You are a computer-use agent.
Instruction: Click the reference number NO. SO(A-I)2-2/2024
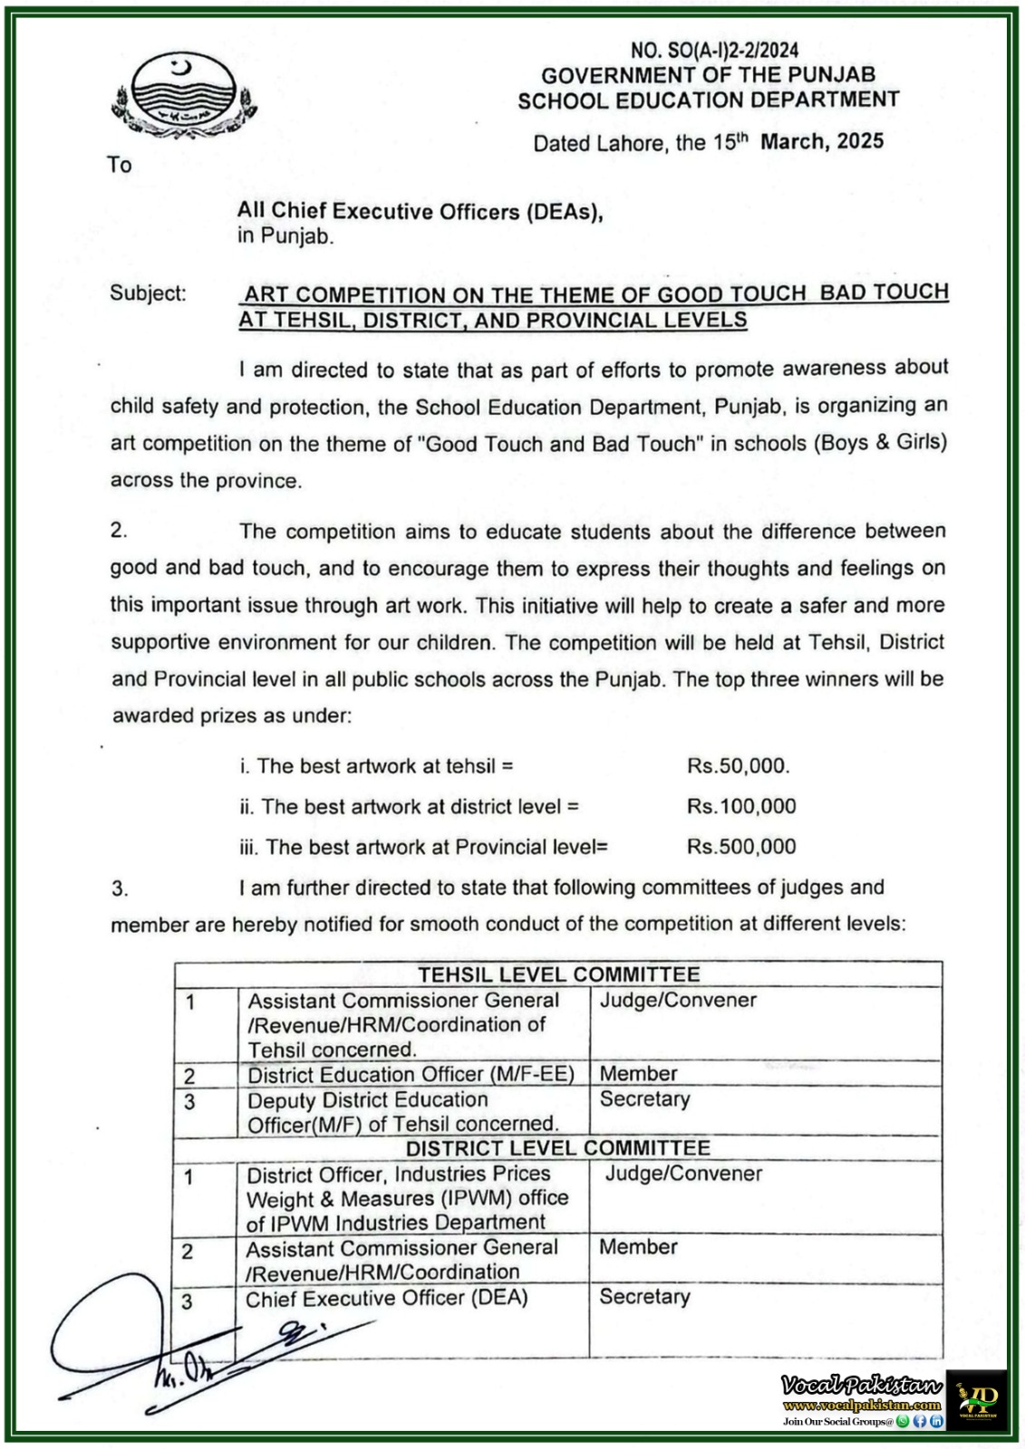point(714,51)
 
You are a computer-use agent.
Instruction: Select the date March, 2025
point(822,141)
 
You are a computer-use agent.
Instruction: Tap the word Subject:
point(148,293)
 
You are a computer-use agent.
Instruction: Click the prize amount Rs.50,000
point(738,766)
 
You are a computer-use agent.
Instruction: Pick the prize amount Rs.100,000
point(741,806)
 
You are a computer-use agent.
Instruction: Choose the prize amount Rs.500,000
point(741,847)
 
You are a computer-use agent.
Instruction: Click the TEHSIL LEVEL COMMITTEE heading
point(558,974)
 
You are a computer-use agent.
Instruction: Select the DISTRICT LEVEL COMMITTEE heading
point(557,1148)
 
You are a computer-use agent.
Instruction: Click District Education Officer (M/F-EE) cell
point(411,1074)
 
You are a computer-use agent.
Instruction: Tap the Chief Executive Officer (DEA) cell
point(386,1298)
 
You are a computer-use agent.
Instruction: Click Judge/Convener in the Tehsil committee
point(678,1001)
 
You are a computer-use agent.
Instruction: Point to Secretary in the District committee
point(644,1297)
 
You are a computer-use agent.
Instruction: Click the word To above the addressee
point(120,165)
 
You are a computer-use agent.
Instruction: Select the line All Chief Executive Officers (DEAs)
point(420,212)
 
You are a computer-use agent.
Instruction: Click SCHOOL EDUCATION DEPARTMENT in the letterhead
point(708,101)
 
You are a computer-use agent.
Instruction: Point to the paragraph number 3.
point(120,888)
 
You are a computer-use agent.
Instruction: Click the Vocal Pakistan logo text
point(862,1386)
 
